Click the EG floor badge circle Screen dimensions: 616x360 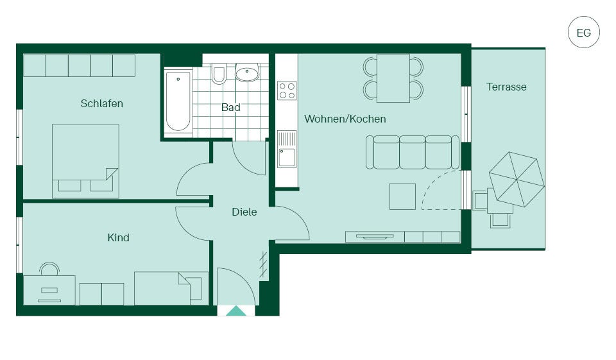(584, 32)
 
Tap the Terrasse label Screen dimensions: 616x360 (506, 87)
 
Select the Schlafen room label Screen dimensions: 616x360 (102, 103)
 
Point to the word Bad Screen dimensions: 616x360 (230, 107)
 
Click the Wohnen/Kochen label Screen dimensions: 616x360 (345, 119)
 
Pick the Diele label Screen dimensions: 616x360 (244, 212)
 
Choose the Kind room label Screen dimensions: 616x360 (118, 237)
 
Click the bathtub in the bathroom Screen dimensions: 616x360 (178, 101)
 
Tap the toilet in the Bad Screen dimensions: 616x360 (219, 73)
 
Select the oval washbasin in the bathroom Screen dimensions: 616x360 (247, 73)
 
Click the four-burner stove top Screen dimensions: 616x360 (287, 90)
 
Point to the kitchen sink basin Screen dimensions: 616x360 (287, 158)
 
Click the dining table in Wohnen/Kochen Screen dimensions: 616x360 (393, 78)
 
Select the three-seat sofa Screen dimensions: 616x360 (413, 152)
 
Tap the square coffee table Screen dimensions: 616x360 (403, 196)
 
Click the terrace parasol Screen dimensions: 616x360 (517, 179)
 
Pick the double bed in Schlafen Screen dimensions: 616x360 (85, 160)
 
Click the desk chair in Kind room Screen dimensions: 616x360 (49, 270)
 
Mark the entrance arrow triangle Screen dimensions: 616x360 (236, 311)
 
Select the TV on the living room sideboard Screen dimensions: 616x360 (375, 237)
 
